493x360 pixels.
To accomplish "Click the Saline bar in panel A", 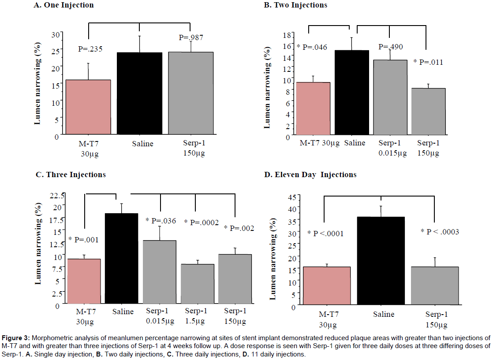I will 133,93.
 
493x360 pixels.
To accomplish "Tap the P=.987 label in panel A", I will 191,38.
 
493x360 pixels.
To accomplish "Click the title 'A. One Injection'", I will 64,5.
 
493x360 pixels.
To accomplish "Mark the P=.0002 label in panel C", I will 201,223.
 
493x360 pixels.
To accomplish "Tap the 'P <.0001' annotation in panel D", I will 325,233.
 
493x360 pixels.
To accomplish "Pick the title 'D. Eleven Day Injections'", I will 310,175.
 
